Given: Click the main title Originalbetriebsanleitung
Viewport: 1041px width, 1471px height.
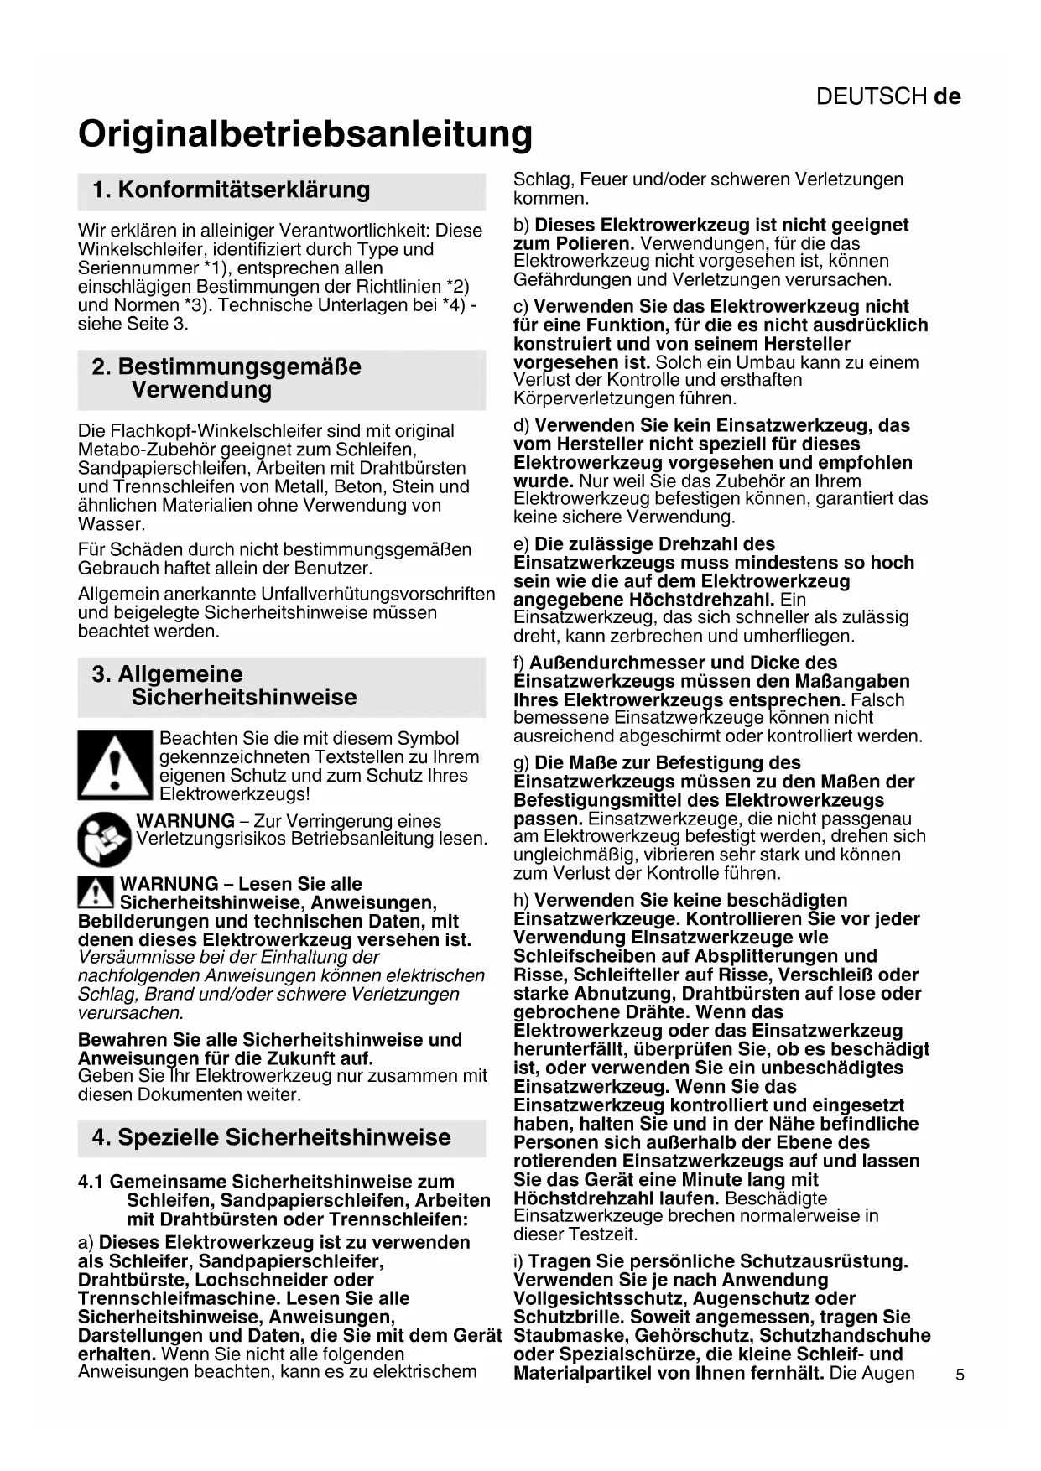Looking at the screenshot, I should point(305,134).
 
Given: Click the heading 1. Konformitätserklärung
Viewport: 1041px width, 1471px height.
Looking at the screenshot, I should point(231,190).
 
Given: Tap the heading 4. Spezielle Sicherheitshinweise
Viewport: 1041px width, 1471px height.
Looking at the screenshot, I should point(271,1137).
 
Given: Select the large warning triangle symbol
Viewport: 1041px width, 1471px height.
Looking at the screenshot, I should point(115,765).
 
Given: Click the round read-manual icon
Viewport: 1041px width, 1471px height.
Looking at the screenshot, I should point(104,839).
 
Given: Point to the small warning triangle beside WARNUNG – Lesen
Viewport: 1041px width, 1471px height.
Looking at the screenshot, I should point(96,891).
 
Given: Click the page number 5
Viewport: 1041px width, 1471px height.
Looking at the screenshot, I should point(960,1375).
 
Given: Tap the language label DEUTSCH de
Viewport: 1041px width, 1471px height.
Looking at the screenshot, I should point(888,96).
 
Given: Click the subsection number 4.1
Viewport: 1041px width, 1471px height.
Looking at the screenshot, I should point(91,1182).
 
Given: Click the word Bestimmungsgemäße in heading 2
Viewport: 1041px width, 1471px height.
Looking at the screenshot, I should point(239,366).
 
